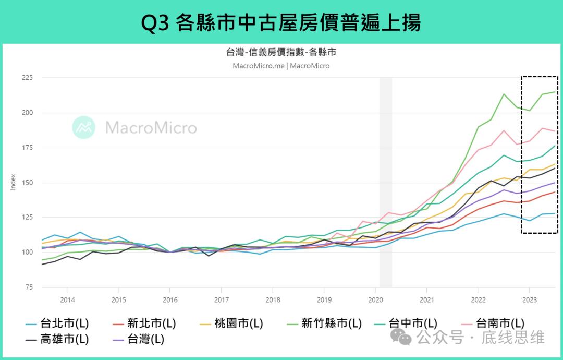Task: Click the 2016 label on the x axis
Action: (x=170, y=300)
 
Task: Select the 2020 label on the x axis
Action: (x=375, y=300)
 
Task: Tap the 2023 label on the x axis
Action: (x=529, y=300)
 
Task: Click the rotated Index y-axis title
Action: (x=14, y=183)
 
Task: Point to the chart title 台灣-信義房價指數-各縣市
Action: (x=281, y=53)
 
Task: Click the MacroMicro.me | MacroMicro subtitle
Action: (x=281, y=66)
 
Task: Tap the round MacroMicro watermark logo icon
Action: (x=83, y=127)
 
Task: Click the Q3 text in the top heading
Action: (x=155, y=22)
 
